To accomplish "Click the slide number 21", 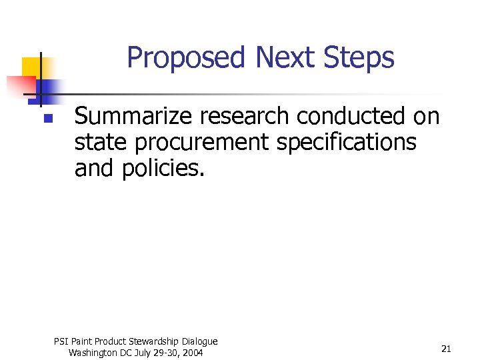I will click(447, 349).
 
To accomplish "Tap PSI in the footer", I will click(61, 341).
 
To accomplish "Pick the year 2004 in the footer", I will click(191, 353).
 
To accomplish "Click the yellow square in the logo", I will click(31, 67).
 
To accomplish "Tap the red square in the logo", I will click(20, 85).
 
